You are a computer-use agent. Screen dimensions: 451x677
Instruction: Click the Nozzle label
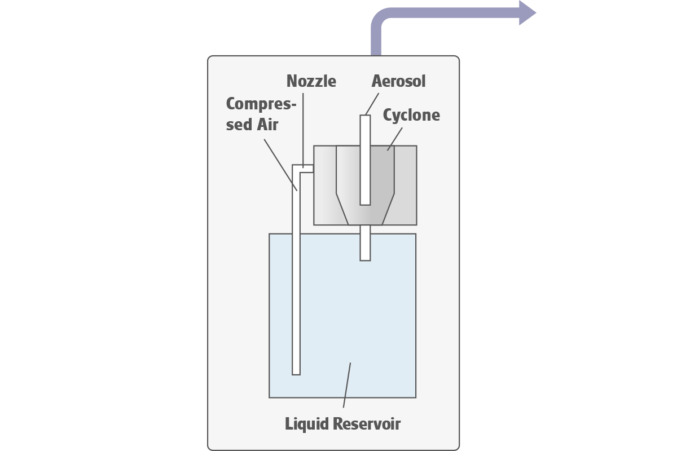coord(311,81)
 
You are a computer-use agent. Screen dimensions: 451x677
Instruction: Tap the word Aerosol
coord(398,81)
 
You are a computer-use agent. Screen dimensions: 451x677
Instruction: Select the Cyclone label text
coord(411,116)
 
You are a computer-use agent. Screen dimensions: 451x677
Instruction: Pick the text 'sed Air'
coord(252,125)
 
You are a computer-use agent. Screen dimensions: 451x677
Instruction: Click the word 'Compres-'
coord(261,105)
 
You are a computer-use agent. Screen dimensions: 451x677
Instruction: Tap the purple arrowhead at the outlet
coord(527,12)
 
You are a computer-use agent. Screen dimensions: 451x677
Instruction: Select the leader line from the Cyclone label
coord(395,139)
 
